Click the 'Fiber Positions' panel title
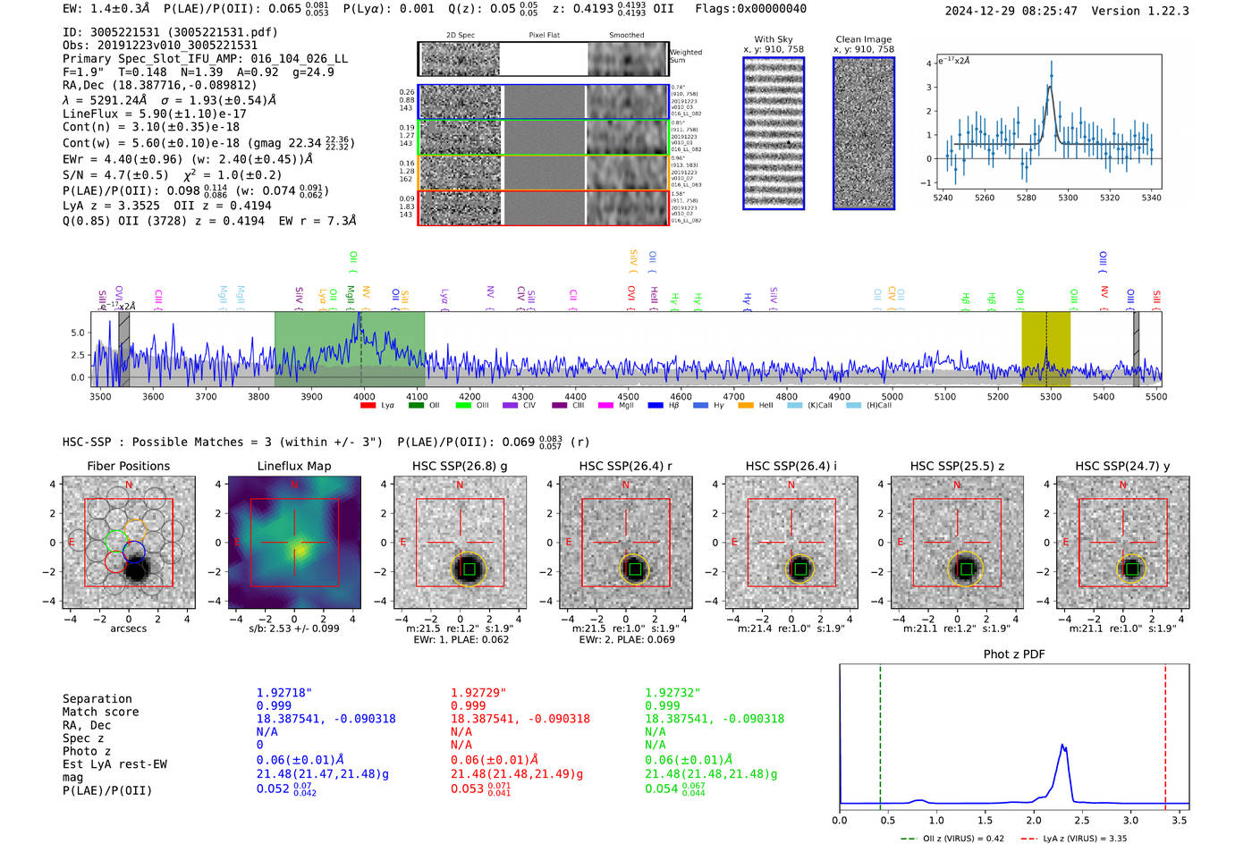tap(128, 466)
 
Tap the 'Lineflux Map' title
tap(293, 466)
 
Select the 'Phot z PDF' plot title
tap(1014, 654)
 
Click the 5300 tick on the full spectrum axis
tap(1051, 397)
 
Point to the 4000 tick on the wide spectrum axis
tap(364, 397)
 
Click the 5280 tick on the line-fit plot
tap(1026, 198)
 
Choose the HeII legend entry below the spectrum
tap(757, 406)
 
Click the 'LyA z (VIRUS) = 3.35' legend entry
tap(1073, 839)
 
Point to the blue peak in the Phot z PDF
tap(1062, 746)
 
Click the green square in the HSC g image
tap(469, 569)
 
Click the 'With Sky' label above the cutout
tap(773, 39)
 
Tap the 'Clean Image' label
tap(863, 39)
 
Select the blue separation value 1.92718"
tap(283, 693)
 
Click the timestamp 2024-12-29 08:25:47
tap(1011, 12)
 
